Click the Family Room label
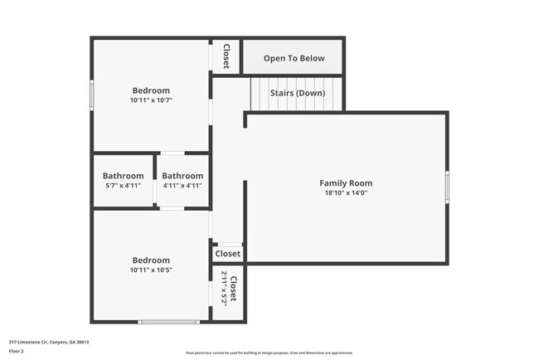(x=346, y=183)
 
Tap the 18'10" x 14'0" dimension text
(x=346, y=192)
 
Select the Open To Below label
(x=294, y=59)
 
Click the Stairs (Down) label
(x=297, y=93)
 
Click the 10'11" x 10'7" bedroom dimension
(x=150, y=100)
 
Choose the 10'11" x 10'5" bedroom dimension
(x=150, y=270)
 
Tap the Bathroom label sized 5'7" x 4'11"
(x=122, y=176)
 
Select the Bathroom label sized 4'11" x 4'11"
(x=182, y=176)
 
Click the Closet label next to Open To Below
(x=226, y=56)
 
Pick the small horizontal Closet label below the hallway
(x=228, y=254)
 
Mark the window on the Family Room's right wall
(x=447, y=187)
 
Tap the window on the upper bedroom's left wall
(x=92, y=93)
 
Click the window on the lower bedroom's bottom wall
(x=168, y=321)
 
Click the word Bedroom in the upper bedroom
(x=151, y=90)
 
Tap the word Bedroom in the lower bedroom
(x=151, y=260)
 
